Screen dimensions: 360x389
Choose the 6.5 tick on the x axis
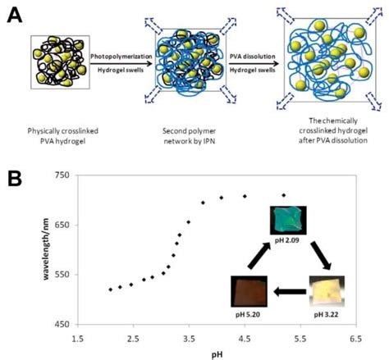(356, 337)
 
